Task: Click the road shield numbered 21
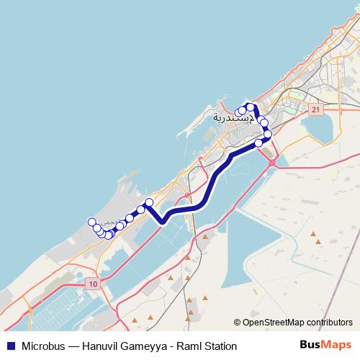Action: point(315,109)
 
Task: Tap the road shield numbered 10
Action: point(93,284)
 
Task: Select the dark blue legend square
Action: point(9,346)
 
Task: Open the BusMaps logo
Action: point(325,346)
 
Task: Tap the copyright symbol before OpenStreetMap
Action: point(237,323)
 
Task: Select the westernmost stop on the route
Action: point(91,222)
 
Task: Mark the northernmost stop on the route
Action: point(250,107)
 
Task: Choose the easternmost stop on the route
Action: point(268,134)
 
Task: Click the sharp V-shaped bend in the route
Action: point(163,222)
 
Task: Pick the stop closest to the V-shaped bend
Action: point(149,202)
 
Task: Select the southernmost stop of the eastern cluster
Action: point(258,143)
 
